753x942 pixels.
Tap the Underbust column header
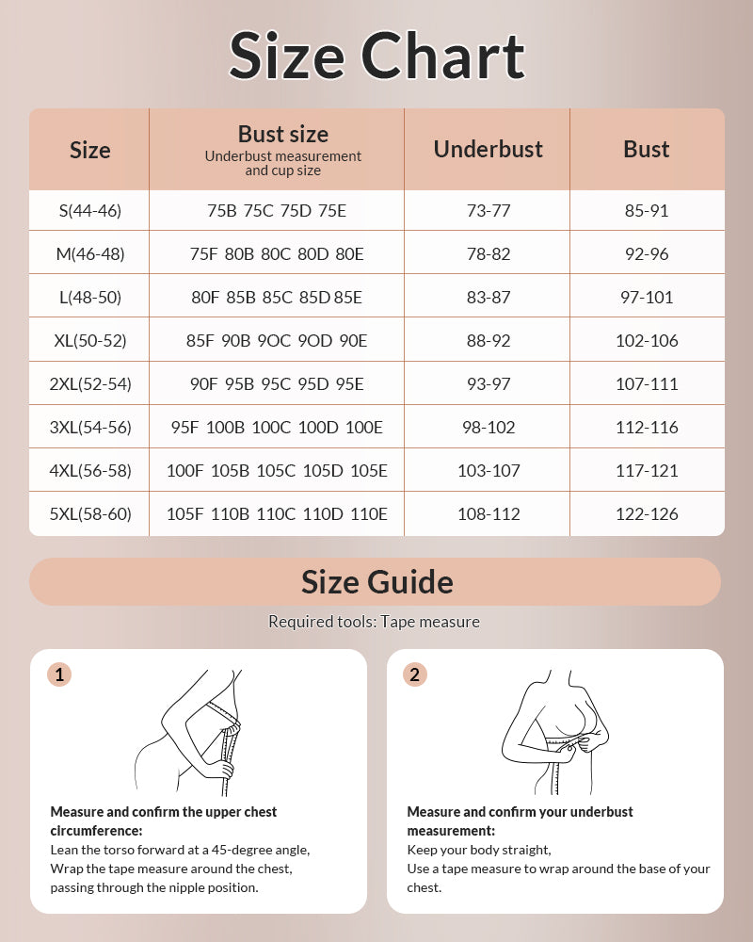pyautogui.click(x=488, y=149)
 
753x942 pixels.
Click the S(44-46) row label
pyautogui.click(x=89, y=210)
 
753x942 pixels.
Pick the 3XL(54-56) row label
pyautogui.click(x=89, y=427)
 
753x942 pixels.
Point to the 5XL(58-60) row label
pyautogui.click(x=89, y=513)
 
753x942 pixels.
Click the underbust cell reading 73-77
pyautogui.click(x=488, y=210)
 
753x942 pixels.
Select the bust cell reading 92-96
pyautogui.click(x=647, y=253)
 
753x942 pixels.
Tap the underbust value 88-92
pyautogui.click(x=488, y=340)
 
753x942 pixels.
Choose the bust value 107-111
pyautogui.click(x=647, y=383)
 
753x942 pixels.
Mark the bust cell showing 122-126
pyautogui.click(x=647, y=513)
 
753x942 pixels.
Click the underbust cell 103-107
pyautogui.click(x=488, y=470)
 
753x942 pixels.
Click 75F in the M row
pyautogui.click(x=203, y=253)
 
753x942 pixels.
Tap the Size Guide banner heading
pyautogui.click(x=376, y=581)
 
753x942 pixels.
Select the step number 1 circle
pyautogui.click(x=59, y=674)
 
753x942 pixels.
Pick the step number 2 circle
pyautogui.click(x=414, y=674)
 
